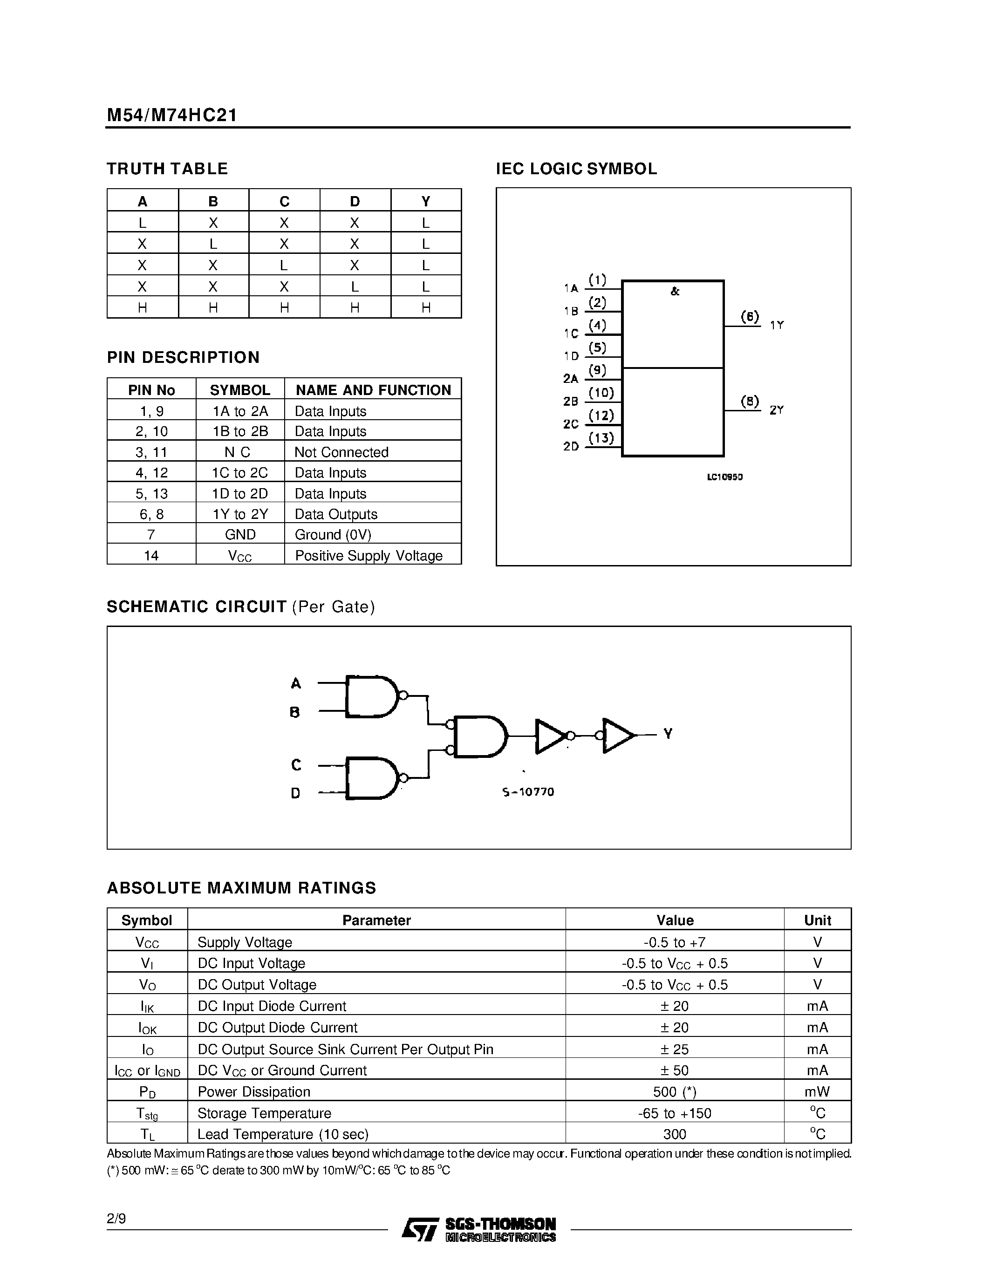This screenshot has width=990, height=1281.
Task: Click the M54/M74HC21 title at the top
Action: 172,116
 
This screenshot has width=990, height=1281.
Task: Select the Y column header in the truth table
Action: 426,201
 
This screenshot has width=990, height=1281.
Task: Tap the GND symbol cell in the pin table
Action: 240,534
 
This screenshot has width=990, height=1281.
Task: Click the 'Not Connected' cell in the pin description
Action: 341,452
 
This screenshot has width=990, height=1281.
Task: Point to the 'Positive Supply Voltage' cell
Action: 369,555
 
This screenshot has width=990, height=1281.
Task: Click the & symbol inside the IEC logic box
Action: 675,292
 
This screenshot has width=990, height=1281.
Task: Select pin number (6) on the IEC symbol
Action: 750,317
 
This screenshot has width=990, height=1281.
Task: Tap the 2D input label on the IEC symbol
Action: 571,446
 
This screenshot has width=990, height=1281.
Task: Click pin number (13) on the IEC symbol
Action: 601,437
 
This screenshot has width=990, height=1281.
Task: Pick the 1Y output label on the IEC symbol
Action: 777,325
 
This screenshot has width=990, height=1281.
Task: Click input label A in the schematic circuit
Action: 295,683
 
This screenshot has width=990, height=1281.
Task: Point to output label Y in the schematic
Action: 668,733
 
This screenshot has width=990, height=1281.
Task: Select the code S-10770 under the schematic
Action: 528,792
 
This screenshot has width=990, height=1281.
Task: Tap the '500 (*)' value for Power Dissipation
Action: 675,1091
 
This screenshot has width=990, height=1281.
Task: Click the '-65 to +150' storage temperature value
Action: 675,1113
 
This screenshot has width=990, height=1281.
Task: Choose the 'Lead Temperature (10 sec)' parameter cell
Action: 283,1134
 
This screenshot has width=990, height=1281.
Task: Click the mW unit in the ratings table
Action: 817,1091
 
